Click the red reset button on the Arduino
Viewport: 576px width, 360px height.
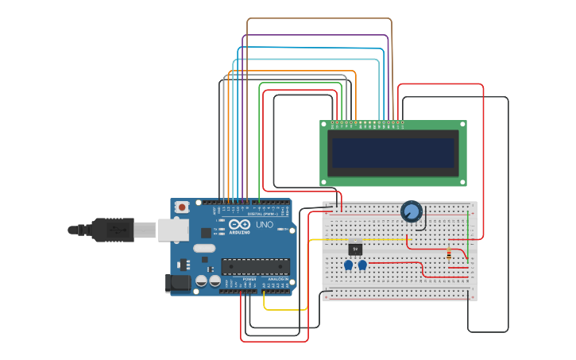(x=182, y=207)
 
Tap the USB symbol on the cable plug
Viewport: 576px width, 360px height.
(x=119, y=230)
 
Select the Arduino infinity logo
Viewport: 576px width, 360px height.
(x=239, y=225)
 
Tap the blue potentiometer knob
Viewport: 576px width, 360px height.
(x=411, y=211)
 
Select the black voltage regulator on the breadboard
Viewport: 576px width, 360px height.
(x=355, y=248)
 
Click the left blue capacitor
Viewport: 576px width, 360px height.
(x=348, y=265)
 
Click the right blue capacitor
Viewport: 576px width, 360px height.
(x=362, y=265)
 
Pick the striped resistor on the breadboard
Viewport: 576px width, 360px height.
(x=450, y=254)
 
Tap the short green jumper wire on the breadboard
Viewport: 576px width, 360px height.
(x=468, y=238)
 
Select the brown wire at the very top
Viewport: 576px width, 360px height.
(x=318, y=18)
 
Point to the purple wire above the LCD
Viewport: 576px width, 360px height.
(x=318, y=35)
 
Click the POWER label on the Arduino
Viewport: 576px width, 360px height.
(x=249, y=279)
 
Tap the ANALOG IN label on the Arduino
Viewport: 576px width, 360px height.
(x=277, y=279)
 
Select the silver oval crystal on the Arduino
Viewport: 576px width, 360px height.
(x=204, y=248)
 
